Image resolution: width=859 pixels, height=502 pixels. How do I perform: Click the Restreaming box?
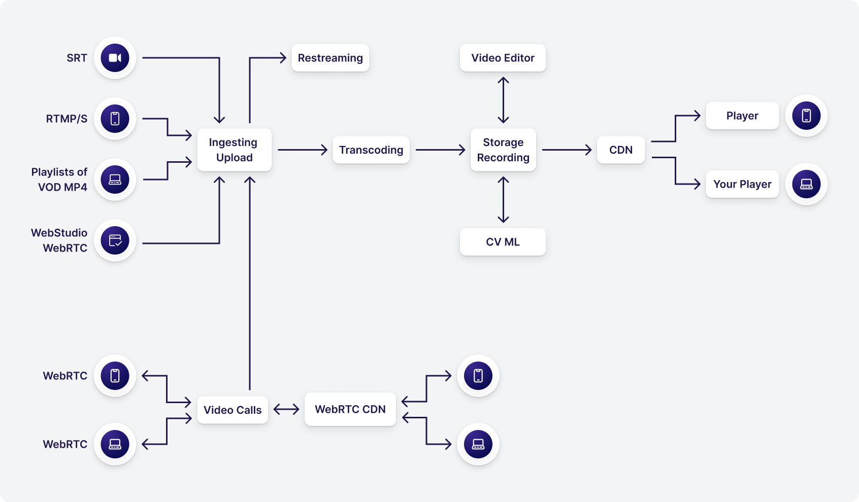click(330, 58)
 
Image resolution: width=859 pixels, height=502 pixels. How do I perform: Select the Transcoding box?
click(371, 150)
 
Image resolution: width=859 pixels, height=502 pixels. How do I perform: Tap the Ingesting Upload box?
click(234, 150)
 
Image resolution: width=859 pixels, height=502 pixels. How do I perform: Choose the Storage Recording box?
click(503, 150)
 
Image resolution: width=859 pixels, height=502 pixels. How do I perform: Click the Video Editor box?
click(503, 58)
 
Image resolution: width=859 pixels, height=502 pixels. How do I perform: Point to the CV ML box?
click(503, 242)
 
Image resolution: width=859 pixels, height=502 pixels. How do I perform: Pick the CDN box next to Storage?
click(621, 150)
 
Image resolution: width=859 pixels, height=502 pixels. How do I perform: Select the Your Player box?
click(742, 184)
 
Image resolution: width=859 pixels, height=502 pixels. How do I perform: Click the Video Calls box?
click(233, 410)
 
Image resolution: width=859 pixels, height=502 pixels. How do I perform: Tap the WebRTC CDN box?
click(350, 409)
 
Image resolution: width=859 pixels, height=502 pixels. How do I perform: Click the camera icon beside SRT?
click(115, 58)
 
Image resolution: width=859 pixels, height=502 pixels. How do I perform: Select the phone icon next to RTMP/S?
click(115, 119)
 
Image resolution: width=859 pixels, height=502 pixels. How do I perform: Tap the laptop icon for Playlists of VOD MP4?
click(115, 180)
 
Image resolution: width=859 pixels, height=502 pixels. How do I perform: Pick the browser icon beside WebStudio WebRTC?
click(115, 240)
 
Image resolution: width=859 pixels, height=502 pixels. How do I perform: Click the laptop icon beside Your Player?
click(806, 184)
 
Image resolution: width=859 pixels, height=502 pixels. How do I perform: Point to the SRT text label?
click(77, 58)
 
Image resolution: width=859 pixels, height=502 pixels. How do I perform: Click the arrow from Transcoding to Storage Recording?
click(440, 150)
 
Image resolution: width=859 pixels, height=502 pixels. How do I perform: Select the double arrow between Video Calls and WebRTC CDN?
click(286, 409)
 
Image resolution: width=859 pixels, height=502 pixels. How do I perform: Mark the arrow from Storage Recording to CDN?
click(567, 150)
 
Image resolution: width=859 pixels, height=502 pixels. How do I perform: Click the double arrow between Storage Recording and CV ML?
click(503, 200)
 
